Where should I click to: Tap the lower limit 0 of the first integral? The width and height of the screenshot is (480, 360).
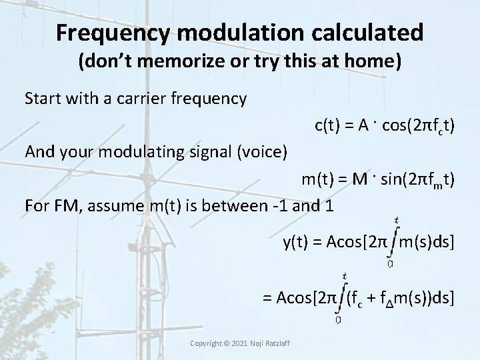point(390,263)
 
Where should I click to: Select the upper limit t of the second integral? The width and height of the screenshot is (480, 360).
point(343,275)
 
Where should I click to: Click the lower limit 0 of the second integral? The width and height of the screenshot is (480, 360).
point(339,319)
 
